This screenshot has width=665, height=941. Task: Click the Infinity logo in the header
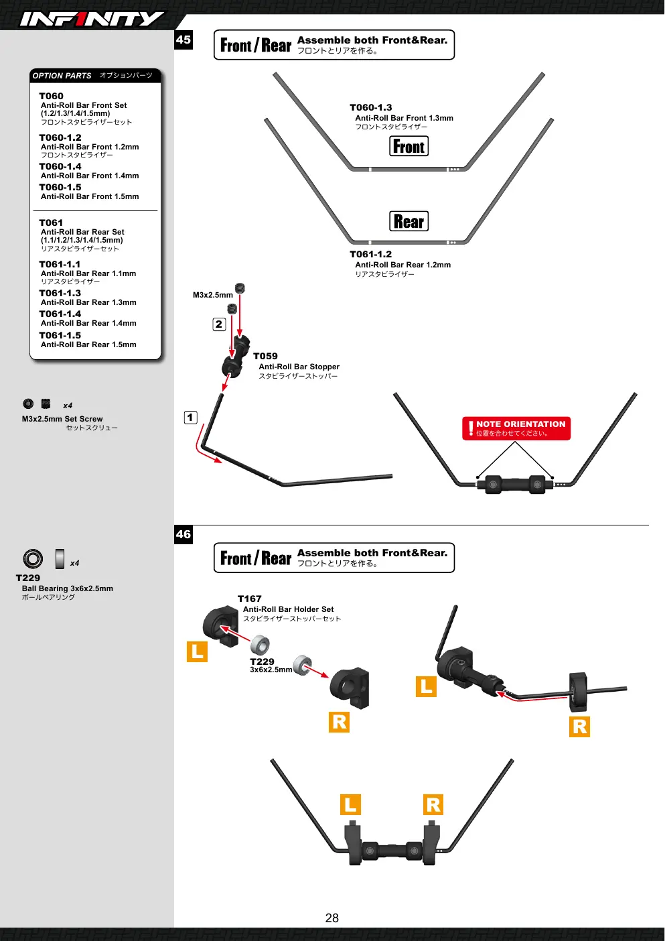point(92,19)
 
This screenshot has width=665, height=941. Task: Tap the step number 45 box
point(183,40)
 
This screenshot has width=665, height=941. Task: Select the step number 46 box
point(183,534)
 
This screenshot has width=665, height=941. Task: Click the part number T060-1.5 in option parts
point(60,188)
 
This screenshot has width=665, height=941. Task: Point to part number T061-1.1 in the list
point(60,264)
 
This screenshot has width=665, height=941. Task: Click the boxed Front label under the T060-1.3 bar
point(409,146)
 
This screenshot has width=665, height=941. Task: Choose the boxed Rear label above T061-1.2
point(409,221)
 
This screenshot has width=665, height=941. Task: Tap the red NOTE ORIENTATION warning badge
point(516,428)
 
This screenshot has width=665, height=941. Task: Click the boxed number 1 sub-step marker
point(191,417)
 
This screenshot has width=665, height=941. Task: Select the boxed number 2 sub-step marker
point(219,324)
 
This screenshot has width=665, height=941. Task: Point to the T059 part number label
point(265,357)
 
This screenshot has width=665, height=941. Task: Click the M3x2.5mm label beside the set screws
point(213,295)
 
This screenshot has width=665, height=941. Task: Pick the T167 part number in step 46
point(249,599)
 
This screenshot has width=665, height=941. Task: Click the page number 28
point(331,918)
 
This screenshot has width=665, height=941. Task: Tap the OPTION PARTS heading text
point(62,76)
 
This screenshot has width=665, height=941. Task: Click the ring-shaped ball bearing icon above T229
point(33,559)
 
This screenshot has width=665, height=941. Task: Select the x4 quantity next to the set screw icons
point(68,405)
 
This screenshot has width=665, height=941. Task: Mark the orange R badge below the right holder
point(340,722)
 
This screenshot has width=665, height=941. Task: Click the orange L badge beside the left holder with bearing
point(198,651)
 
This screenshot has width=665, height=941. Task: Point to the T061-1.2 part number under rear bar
point(371,254)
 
